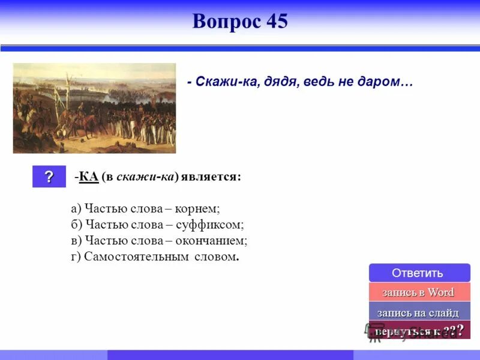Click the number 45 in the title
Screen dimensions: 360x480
tap(274, 22)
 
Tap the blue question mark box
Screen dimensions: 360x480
tap(49, 177)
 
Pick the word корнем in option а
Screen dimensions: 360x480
tap(200, 209)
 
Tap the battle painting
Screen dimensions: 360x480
tap(94, 108)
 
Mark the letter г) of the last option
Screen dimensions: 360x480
tap(76, 257)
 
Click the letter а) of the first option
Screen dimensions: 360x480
tap(76, 209)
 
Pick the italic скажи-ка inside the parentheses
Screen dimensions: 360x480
tap(153, 177)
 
